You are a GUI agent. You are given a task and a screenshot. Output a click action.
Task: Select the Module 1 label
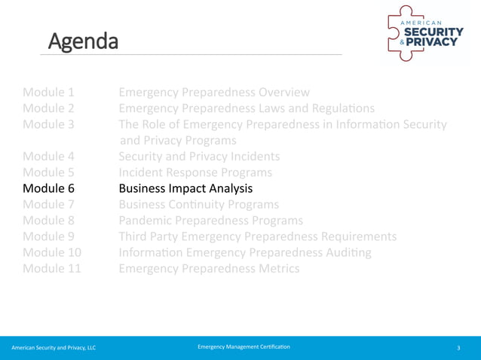(x=48, y=93)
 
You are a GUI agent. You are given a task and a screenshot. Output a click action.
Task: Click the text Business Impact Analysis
(x=185, y=188)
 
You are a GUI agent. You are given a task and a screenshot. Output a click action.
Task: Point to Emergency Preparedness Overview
(x=214, y=93)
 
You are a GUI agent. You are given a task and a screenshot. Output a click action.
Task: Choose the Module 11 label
(x=52, y=268)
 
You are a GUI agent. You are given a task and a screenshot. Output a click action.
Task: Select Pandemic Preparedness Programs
(x=211, y=221)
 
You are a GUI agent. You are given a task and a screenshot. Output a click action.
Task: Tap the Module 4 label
(x=48, y=157)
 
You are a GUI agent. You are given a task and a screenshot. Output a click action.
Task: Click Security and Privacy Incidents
(x=199, y=157)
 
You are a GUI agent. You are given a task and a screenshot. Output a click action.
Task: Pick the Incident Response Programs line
(x=195, y=172)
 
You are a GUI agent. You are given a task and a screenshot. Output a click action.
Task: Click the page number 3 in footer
(x=458, y=347)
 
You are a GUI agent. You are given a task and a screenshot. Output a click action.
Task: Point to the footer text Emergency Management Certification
(x=243, y=346)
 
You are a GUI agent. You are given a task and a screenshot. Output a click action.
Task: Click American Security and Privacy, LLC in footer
(x=54, y=347)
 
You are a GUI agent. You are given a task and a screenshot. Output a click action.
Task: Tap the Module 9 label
(x=48, y=236)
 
